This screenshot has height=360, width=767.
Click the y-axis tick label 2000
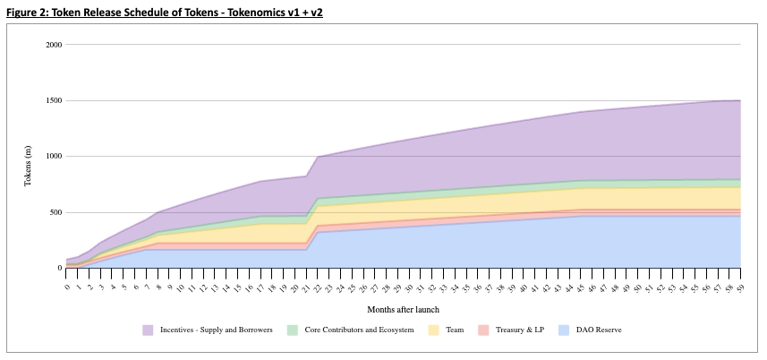click(x=54, y=45)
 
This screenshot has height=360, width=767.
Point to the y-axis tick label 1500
click(x=54, y=100)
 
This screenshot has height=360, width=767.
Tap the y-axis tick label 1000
click(x=54, y=157)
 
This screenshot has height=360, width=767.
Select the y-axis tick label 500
click(x=55, y=212)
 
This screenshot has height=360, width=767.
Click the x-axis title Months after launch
click(x=403, y=309)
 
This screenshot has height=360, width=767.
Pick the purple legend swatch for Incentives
click(x=149, y=330)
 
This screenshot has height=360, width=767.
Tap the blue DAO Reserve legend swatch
click(x=566, y=330)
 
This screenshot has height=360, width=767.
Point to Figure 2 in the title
click(x=27, y=9)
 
